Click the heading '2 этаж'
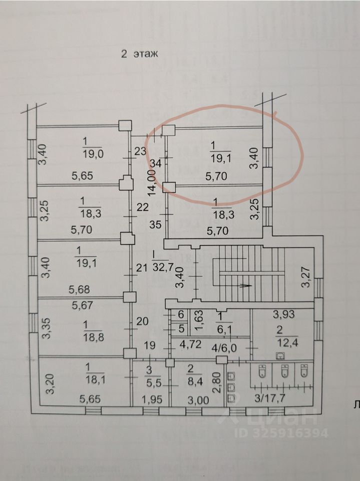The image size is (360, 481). (139, 55)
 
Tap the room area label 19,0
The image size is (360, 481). (93, 154)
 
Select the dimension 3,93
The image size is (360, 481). (283, 315)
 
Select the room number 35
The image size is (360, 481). (155, 224)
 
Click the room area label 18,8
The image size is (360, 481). (93, 337)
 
